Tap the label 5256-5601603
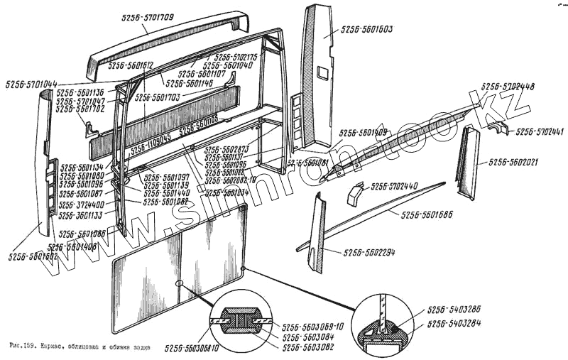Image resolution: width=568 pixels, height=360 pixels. pos(367,30)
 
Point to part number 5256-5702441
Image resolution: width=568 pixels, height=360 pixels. pos(540,132)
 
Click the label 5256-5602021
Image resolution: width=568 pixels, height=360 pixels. pos(513,162)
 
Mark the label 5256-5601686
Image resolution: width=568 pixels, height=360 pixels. pos(426,214)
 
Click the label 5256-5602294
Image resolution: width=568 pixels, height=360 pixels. pos(368,252)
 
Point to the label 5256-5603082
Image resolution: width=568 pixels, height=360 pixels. pos(306,347)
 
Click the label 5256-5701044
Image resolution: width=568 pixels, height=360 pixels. pos(31,84)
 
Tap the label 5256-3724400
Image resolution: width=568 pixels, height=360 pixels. pos(81,204)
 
